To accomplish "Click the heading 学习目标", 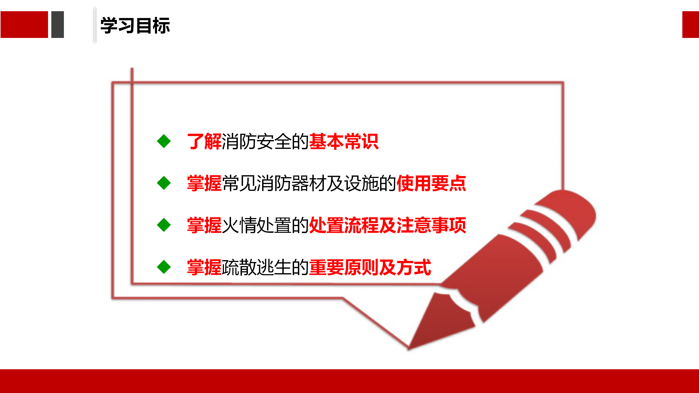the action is click(135, 25).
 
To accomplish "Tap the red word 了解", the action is click(204, 141).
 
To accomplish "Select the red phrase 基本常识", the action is click(344, 141).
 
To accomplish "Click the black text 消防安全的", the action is click(265, 141).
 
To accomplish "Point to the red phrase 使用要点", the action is click(431, 183).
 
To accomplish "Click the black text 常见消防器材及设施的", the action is click(309, 183).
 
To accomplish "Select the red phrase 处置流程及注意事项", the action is click(387, 225).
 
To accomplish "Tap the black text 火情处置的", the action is click(265, 225).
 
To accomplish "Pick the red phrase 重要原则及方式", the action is click(370, 267).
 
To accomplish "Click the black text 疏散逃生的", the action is click(265, 267).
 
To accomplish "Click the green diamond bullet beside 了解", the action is click(164, 141).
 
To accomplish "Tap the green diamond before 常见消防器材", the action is click(164, 183).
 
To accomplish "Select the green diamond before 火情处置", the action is click(164, 225).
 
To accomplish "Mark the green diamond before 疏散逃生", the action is click(164, 267).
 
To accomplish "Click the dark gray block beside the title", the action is click(58, 25).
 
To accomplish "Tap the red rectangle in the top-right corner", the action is click(691, 25).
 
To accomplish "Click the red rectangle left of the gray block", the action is click(24, 25).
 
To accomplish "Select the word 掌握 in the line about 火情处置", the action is click(204, 225).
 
